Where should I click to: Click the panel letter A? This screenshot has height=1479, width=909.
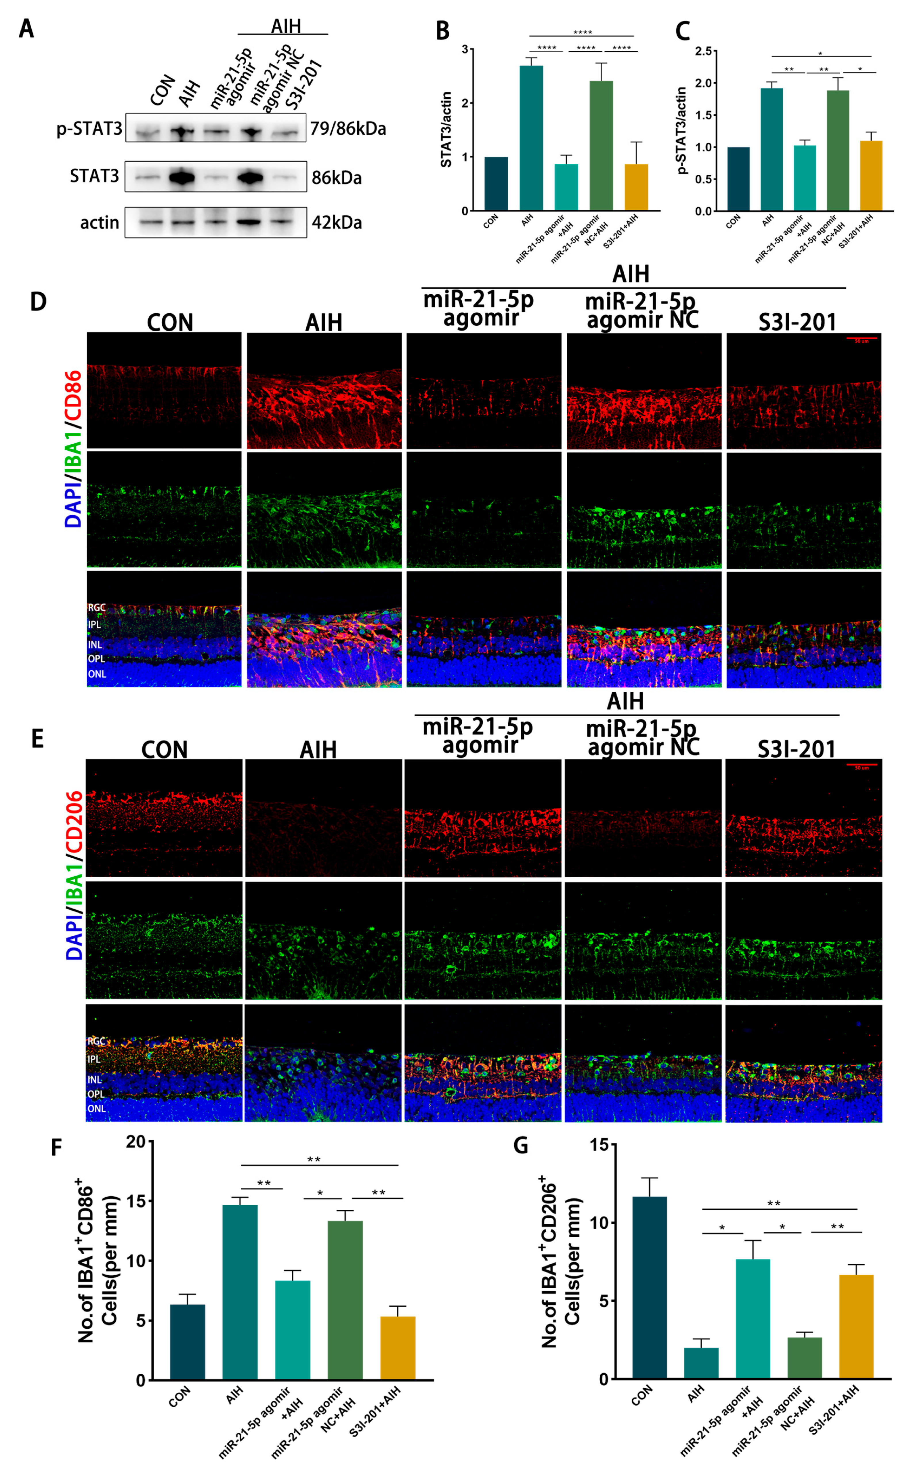tap(26, 28)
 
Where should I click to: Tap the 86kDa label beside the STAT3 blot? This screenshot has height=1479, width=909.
tap(336, 178)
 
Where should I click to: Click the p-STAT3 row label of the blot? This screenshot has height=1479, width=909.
tap(89, 129)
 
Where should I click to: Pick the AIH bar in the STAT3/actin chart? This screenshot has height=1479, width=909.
tap(531, 138)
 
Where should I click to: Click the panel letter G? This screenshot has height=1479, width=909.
tap(521, 1145)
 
